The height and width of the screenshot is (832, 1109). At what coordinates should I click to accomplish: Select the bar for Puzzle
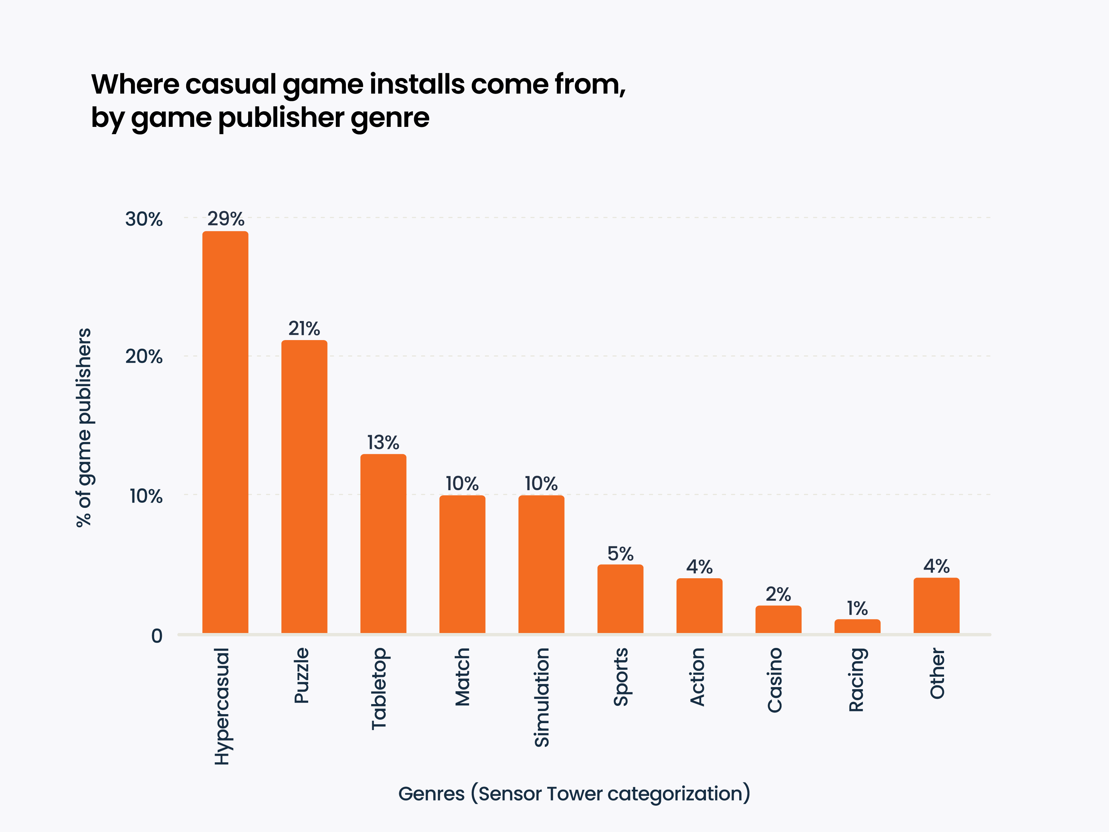click(x=304, y=486)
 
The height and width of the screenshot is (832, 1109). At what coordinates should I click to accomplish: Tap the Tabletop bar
click(x=383, y=543)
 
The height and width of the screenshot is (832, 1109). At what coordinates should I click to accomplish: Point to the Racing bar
click(x=857, y=626)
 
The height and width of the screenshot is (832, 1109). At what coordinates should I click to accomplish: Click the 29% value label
click(x=226, y=219)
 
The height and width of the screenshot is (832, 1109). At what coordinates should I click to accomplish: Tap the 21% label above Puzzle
click(x=304, y=329)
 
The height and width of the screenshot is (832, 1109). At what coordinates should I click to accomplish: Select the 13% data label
click(x=383, y=442)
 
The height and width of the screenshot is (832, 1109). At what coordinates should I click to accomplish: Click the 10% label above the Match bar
click(x=462, y=484)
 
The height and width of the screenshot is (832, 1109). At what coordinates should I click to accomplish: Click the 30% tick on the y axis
click(x=144, y=219)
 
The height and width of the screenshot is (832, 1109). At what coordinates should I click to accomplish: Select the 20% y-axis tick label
click(x=144, y=357)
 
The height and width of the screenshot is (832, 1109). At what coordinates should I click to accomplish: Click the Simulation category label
click(x=541, y=697)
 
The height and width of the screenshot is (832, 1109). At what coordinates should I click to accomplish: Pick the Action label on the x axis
click(x=697, y=677)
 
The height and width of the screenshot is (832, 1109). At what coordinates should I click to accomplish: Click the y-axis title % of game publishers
click(x=84, y=427)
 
